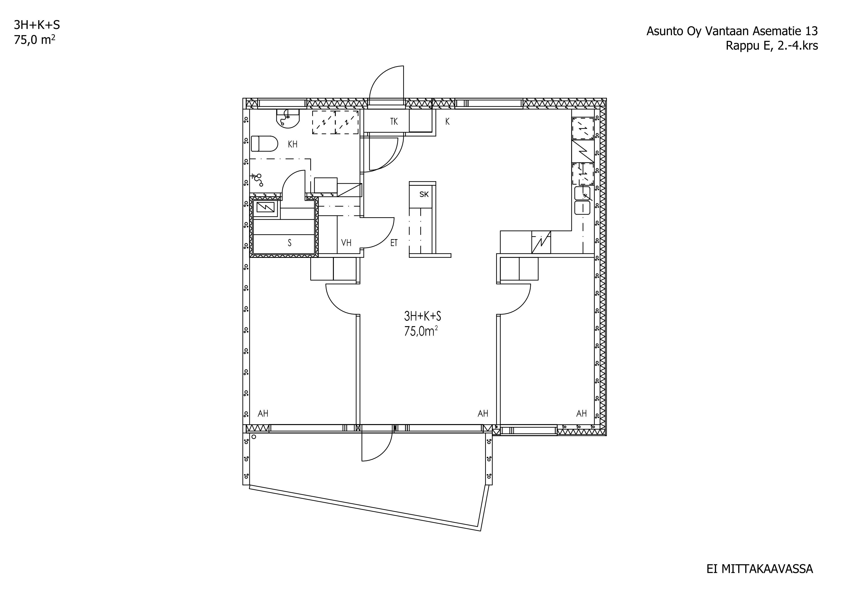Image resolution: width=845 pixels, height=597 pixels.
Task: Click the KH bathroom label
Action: [x=293, y=144]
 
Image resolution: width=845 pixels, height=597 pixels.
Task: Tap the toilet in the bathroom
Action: [x=264, y=144]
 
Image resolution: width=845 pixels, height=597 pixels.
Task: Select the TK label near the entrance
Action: [x=394, y=121]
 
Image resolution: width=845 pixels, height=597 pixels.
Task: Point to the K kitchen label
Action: [x=448, y=121]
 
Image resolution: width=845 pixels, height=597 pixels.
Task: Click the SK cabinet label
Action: [x=424, y=194]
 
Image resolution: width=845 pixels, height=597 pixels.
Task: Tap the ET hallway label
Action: [x=394, y=243]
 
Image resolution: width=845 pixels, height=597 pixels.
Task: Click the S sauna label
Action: [x=290, y=243]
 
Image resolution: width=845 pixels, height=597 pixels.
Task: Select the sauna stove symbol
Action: [x=266, y=208]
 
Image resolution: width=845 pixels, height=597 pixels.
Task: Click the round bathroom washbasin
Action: [x=288, y=118]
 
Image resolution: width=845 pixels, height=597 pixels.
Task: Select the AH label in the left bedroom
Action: [x=263, y=413]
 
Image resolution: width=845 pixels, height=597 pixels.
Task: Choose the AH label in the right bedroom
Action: [x=581, y=413]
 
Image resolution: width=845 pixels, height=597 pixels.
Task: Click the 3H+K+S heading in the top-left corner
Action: [x=37, y=25]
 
